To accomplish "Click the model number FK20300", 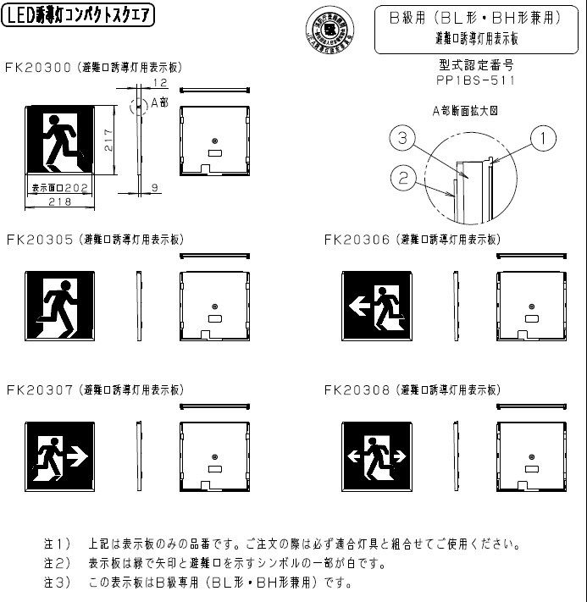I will pos(38,66).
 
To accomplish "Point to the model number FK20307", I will pos(38,390).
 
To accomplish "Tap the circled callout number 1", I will pos(543,135).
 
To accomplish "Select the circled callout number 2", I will pos(402,176).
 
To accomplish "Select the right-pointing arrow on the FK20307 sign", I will pos(78,456).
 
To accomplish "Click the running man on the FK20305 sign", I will pos(60,304).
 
